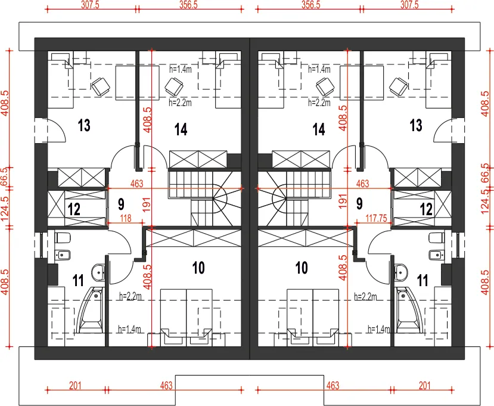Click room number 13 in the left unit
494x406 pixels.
point(84,125)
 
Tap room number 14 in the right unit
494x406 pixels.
point(319,129)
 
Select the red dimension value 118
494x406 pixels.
point(125,218)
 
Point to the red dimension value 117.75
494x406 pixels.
point(376,218)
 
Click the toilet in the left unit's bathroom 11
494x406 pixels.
point(63,238)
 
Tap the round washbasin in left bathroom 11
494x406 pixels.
point(98,272)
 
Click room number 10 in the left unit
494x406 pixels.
point(198,268)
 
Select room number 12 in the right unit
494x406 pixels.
point(426,209)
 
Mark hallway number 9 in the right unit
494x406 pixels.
point(359,204)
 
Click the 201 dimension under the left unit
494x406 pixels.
point(75,385)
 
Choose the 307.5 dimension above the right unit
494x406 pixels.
point(409,5)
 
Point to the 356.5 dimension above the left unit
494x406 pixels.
point(188,5)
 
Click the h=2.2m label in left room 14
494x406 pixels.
point(180,103)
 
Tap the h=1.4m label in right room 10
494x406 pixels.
point(379,330)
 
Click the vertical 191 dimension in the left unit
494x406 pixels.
point(147,204)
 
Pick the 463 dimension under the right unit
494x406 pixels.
point(333,385)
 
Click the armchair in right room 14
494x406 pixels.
point(325,86)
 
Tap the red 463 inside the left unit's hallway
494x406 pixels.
point(136,184)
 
